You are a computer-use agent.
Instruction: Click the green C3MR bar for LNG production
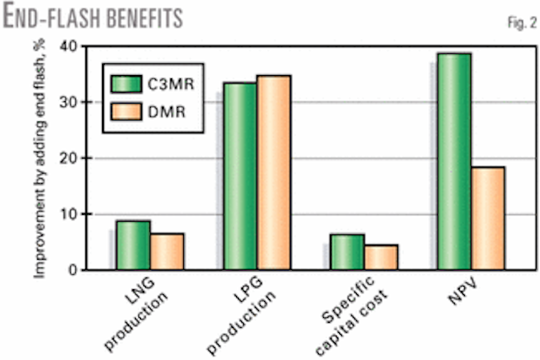point(133,245)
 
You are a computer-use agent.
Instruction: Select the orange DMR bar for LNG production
point(167,251)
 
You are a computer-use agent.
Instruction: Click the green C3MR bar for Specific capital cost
point(347,252)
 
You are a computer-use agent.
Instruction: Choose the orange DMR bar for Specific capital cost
point(381,257)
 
